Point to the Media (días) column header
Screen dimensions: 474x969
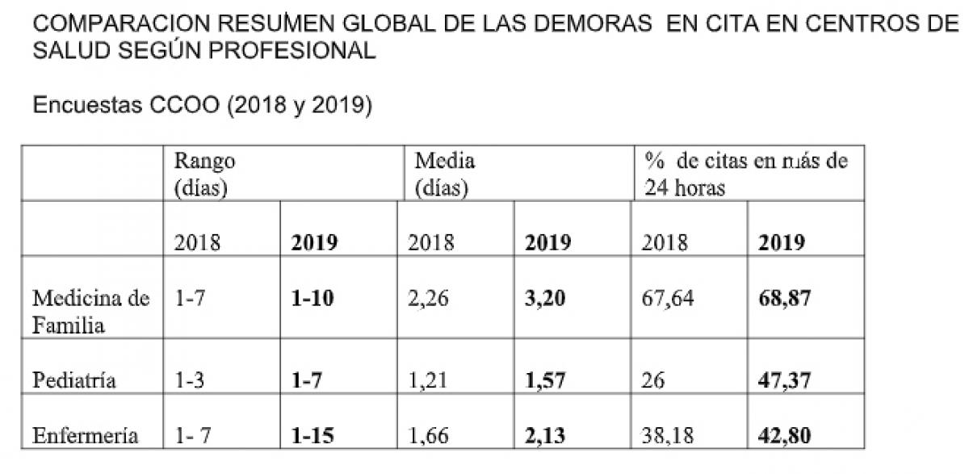coord(444,174)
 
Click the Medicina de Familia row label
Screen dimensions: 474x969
coord(90,313)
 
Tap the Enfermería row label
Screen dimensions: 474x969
coord(85,437)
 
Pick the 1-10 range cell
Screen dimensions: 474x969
coord(312,300)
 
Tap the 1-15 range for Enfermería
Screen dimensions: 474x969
coord(312,437)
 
